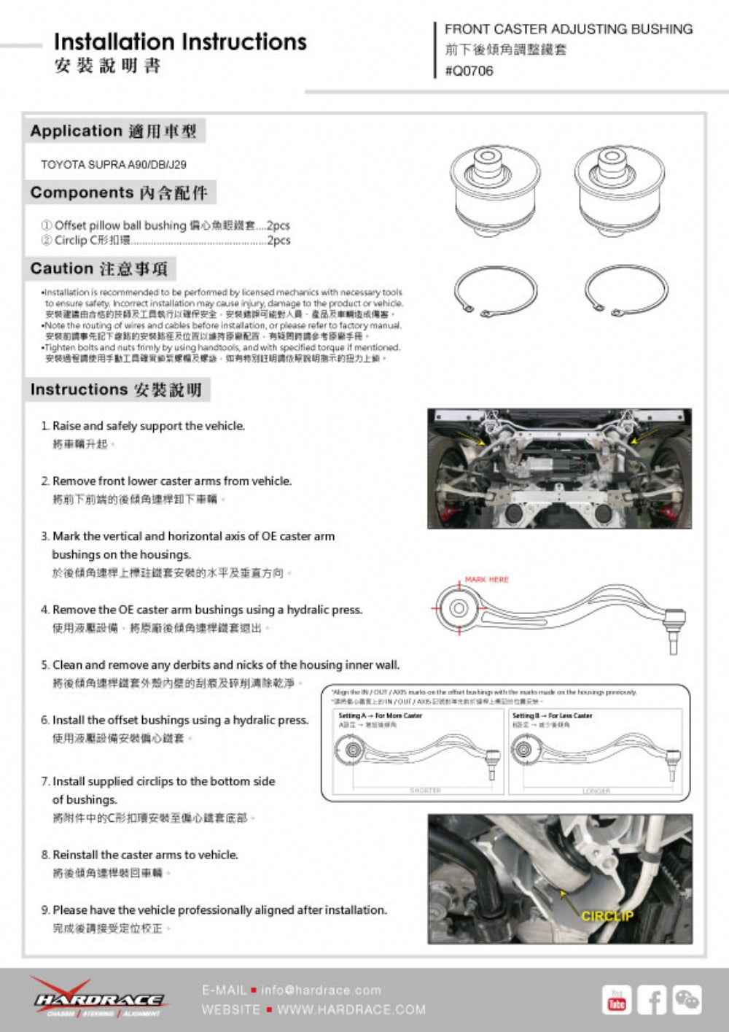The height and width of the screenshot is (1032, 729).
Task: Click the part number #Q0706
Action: [469, 71]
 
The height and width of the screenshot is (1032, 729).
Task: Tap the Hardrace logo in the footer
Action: [98, 998]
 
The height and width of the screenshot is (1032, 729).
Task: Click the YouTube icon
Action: [617, 1000]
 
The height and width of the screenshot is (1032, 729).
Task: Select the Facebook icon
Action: [652, 1000]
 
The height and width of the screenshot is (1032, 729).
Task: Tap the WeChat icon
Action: [687, 1000]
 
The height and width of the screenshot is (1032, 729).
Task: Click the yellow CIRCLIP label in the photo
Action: [607, 916]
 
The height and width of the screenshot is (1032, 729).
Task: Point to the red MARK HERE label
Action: [487, 580]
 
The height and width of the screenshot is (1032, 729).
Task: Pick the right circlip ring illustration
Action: [625, 290]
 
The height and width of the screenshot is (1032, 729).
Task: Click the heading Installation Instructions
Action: [180, 42]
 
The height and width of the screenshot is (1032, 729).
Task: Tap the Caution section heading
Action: [99, 268]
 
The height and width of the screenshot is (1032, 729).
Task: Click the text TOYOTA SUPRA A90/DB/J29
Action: [114, 165]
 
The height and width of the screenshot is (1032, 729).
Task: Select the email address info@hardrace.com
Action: [321, 990]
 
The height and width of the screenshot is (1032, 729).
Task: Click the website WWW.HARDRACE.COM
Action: [351, 1010]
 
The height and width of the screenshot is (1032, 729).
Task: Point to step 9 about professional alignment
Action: [219, 910]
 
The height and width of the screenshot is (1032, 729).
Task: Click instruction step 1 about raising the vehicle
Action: [148, 426]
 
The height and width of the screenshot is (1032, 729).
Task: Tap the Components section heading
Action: [119, 193]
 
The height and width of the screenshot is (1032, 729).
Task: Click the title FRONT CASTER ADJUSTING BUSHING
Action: [569, 29]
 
